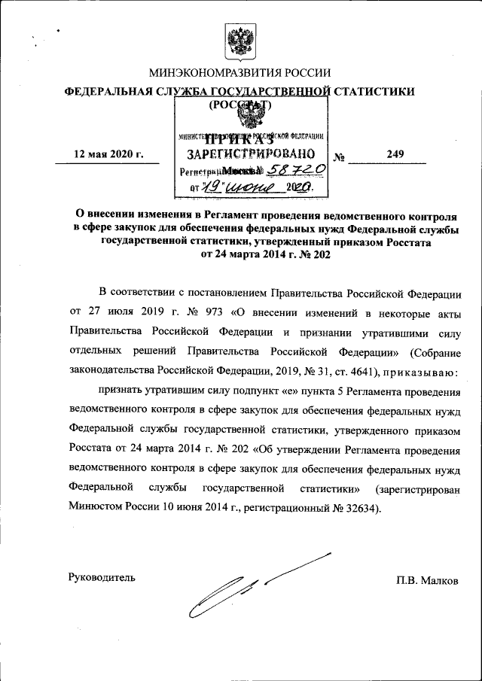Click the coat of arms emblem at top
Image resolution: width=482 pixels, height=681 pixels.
[241, 38]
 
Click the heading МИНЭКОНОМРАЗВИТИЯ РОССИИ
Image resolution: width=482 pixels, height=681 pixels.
[240, 73]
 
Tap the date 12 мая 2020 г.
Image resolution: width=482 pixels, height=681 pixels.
[108, 155]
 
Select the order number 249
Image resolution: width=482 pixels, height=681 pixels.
[395, 154]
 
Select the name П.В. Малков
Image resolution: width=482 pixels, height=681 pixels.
[428, 580]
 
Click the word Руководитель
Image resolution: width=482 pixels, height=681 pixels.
[102, 578]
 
